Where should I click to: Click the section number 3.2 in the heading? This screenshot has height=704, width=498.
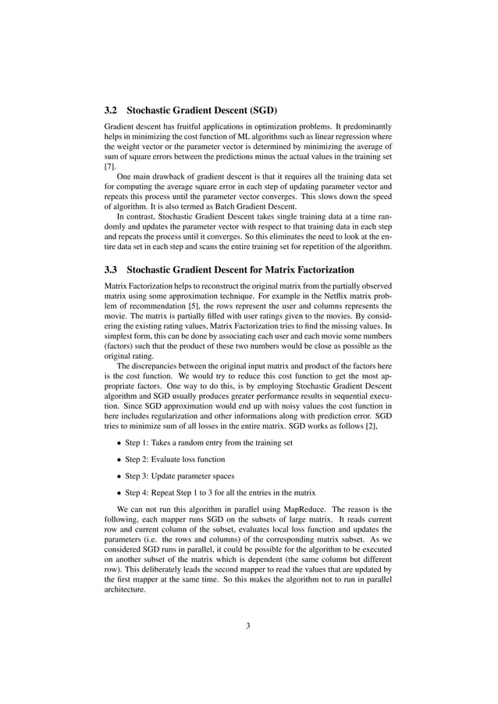click(112, 110)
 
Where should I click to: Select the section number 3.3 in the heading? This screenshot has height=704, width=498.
click(112, 269)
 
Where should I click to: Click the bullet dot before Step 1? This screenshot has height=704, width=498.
click(118, 443)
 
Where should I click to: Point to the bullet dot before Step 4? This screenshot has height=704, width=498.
click(118, 493)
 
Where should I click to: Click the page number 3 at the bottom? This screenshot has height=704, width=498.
click(248, 625)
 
